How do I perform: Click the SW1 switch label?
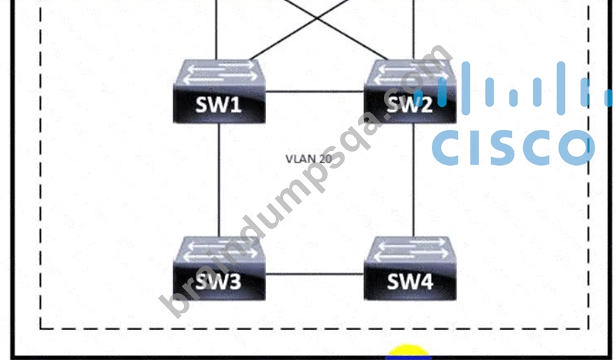(x=218, y=105)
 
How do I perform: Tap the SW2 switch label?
(x=410, y=105)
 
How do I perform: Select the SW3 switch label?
(x=218, y=282)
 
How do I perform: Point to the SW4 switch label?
(x=410, y=282)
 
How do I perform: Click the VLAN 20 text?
(x=309, y=159)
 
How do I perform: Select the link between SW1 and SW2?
(x=315, y=92)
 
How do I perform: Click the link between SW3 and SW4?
(x=315, y=274)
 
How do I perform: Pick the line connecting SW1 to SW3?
(x=219, y=180)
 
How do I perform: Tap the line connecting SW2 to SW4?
(x=414, y=180)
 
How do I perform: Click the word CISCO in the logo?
(x=513, y=148)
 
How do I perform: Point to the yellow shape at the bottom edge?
(x=408, y=351)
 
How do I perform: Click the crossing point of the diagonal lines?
(x=317, y=18)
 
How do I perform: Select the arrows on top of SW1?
(x=220, y=72)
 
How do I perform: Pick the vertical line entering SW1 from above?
(x=217, y=30)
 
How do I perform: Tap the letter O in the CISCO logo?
(x=577, y=148)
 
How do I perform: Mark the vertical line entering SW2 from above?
(x=414, y=30)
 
